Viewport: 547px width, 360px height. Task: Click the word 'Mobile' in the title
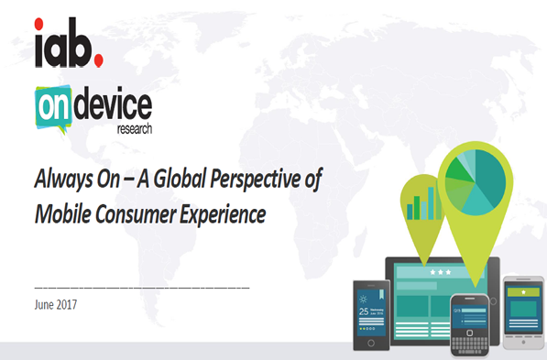point(62,215)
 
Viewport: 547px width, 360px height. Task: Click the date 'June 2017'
point(58,303)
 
